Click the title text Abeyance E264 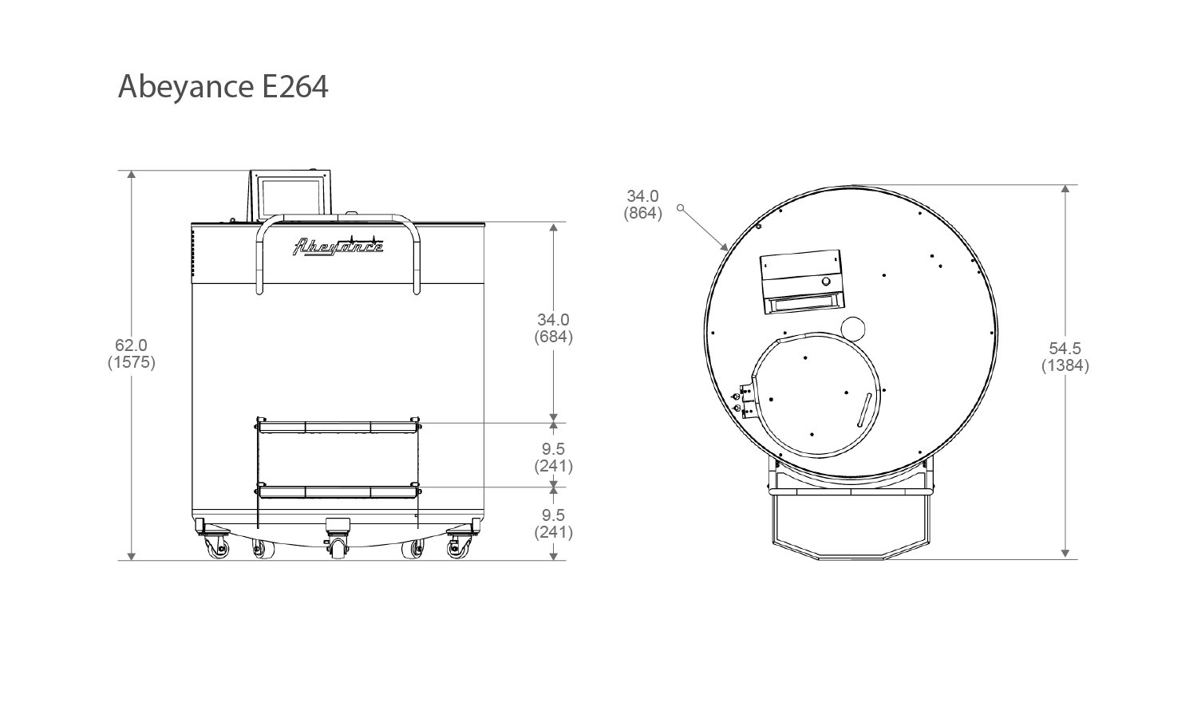point(223,87)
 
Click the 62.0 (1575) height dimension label point(132,353)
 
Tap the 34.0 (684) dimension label point(554,328)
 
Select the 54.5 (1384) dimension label point(1065,357)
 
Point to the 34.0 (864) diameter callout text point(643,204)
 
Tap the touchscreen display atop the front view point(290,196)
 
